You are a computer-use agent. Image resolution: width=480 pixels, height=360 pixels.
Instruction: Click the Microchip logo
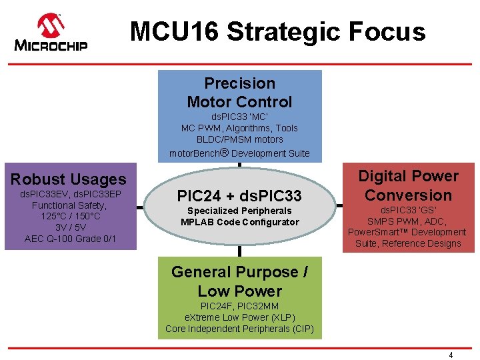(51, 33)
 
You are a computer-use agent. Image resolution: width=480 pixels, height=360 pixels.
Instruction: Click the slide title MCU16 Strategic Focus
(277, 31)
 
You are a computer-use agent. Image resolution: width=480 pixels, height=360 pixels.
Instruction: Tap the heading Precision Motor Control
(239, 93)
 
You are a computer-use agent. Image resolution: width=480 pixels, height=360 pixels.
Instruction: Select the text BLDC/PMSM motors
(239, 139)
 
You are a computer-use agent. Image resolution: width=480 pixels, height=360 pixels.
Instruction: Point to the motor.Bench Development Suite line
(239, 153)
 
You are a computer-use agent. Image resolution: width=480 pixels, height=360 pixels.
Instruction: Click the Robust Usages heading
(68, 179)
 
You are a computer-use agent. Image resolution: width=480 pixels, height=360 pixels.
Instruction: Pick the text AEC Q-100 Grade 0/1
(70, 239)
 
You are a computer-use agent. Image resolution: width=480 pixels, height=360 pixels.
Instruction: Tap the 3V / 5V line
(70, 227)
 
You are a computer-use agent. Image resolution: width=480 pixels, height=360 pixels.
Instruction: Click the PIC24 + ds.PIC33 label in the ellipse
(239, 196)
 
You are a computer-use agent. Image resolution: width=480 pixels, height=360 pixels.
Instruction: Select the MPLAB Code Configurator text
(239, 222)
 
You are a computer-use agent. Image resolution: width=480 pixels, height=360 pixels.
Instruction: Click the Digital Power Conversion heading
(408, 185)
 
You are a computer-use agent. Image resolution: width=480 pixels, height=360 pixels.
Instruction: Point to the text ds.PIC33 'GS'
(408, 210)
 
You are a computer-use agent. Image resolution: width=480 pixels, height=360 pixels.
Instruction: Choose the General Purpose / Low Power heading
(239, 281)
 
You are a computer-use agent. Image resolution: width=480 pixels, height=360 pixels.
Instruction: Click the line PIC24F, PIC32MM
(239, 306)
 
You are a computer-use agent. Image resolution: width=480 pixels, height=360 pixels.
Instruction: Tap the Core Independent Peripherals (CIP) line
(239, 329)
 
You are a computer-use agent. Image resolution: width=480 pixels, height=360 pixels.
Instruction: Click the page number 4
(451, 355)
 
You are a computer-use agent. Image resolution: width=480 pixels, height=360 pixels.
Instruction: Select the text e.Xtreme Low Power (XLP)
(239, 317)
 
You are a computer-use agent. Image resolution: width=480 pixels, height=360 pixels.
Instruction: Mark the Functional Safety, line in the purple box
(70, 205)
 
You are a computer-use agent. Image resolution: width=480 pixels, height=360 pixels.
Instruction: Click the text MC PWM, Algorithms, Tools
(239, 128)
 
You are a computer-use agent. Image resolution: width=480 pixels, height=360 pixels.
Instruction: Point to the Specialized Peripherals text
(239, 211)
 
